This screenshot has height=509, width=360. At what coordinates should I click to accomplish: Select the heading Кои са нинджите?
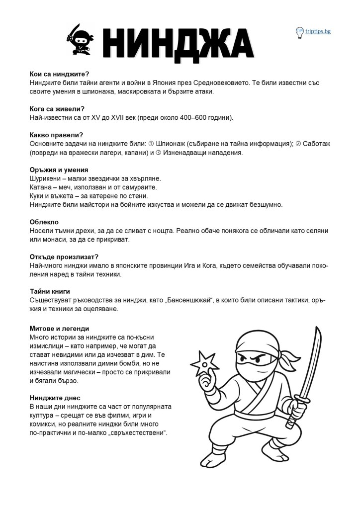(x=59, y=74)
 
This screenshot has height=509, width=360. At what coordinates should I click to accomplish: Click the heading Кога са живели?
(x=57, y=109)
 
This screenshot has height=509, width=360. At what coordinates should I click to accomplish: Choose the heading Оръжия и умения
(x=59, y=170)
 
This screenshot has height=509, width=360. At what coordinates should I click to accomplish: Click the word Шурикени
(x=45, y=178)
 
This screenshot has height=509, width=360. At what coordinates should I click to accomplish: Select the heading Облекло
(x=44, y=222)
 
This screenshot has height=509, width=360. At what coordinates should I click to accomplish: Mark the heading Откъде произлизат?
(x=64, y=256)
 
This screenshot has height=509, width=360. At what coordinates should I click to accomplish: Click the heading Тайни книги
(x=50, y=291)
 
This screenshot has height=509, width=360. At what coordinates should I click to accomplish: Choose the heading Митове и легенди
(x=59, y=329)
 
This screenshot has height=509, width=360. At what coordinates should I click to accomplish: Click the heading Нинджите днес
(x=55, y=398)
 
